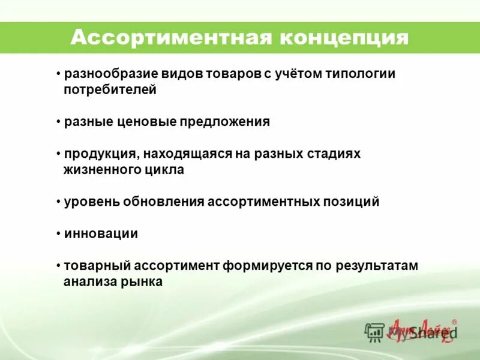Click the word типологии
[x=360, y=74]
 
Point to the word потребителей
[x=110, y=90]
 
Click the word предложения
[x=224, y=122]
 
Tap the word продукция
[x=102, y=154]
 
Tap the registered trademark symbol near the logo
[x=454, y=322]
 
